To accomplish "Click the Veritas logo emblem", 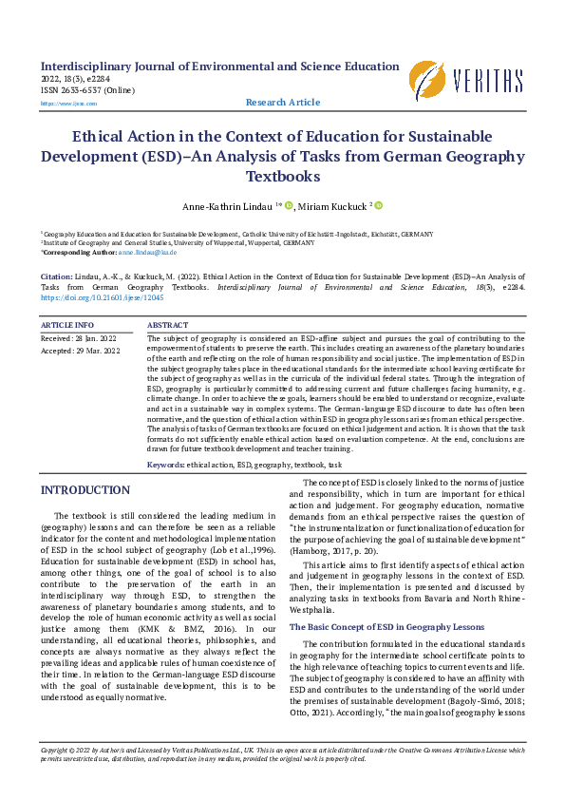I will (427, 79).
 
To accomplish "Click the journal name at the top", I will (219, 67).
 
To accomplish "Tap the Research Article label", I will (283, 103).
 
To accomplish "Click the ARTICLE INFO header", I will (67, 325).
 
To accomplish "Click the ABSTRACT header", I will (167, 325).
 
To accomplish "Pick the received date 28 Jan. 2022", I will (95, 338).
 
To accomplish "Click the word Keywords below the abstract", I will (165, 465).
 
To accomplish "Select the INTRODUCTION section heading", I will (79, 490).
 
